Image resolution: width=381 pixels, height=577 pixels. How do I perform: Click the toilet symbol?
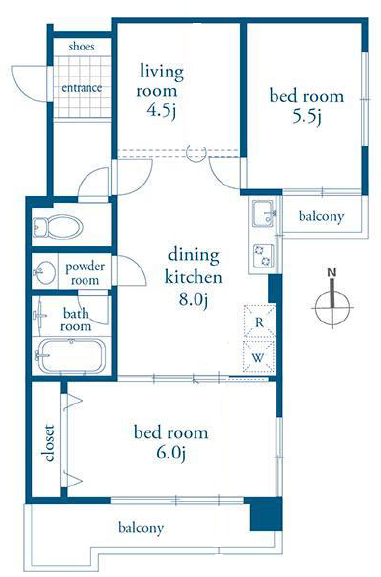[x=58, y=226]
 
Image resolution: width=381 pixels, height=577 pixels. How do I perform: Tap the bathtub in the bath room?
[x=72, y=356]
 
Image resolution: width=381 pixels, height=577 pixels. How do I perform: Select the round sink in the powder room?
[x=45, y=272]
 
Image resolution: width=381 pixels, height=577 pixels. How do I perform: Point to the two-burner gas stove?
[x=263, y=255]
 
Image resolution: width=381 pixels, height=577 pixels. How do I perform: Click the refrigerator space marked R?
[x=259, y=323]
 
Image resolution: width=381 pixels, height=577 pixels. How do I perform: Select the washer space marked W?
[x=259, y=357]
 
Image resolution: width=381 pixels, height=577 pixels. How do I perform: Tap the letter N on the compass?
[x=332, y=273]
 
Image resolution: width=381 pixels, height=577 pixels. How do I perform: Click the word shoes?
[x=81, y=46]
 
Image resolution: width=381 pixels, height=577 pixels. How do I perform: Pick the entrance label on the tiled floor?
[x=82, y=88]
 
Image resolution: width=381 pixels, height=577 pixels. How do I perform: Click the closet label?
[x=49, y=443]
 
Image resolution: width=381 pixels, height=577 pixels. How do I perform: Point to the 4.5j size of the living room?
[x=161, y=110]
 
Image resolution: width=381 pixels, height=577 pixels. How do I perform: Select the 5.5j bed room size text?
[x=307, y=117]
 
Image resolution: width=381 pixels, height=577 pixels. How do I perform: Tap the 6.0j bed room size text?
[x=170, y=453]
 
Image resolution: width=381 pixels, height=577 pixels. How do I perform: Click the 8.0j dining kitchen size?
[x=194, y=300]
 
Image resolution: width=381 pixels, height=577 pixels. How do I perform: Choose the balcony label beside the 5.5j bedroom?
[x=321, y=216]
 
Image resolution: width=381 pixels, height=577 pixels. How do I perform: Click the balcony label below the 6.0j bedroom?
[x=141, y=528]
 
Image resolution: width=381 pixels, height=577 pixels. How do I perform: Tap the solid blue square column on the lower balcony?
[x=266, y=514]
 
